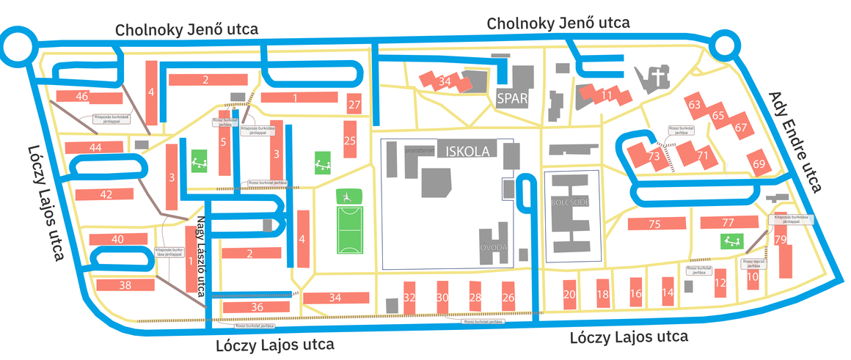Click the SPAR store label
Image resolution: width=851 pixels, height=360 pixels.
512,98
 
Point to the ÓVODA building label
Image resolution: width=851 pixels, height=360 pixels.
494,248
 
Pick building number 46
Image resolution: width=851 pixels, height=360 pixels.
82,97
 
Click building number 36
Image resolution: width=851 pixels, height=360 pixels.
257,306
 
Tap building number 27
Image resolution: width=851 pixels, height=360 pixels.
354,104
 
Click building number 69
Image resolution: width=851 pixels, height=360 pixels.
759,163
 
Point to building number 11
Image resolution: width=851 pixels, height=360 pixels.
606,95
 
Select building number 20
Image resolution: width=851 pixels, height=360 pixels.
569,295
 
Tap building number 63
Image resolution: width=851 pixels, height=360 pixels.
695,105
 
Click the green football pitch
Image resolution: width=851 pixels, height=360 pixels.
349,220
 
